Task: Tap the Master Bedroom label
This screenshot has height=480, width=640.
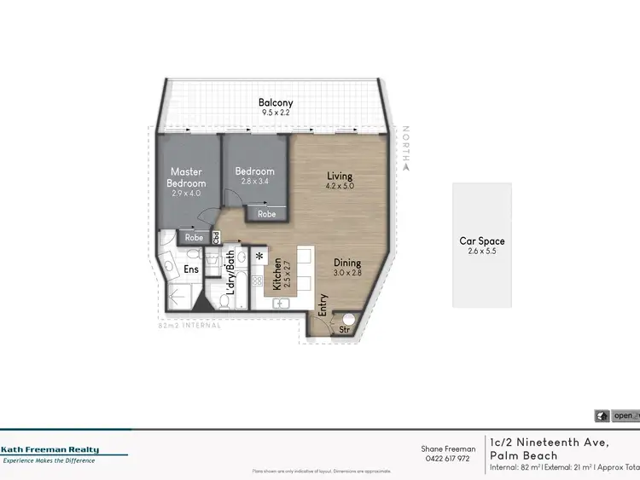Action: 186,177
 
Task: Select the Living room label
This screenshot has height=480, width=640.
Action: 340,176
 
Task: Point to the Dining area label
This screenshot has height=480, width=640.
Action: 347,263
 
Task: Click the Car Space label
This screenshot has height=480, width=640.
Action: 482,241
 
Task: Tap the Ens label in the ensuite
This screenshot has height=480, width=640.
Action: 192,269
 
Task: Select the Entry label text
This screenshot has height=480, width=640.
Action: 323,304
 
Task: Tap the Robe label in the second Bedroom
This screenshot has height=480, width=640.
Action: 267,214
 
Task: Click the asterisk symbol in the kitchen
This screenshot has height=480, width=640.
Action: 259,256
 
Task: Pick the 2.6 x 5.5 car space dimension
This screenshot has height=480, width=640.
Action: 482,252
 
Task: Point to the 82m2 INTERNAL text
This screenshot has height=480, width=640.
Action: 189,325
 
